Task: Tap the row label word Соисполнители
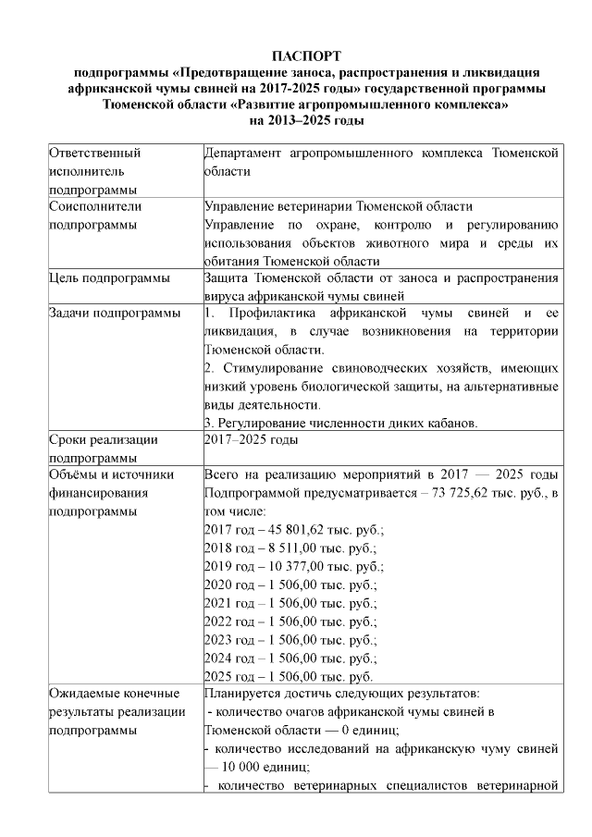point(96,206)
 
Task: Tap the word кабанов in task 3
point(452,424)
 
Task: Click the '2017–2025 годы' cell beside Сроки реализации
point(250,440)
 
